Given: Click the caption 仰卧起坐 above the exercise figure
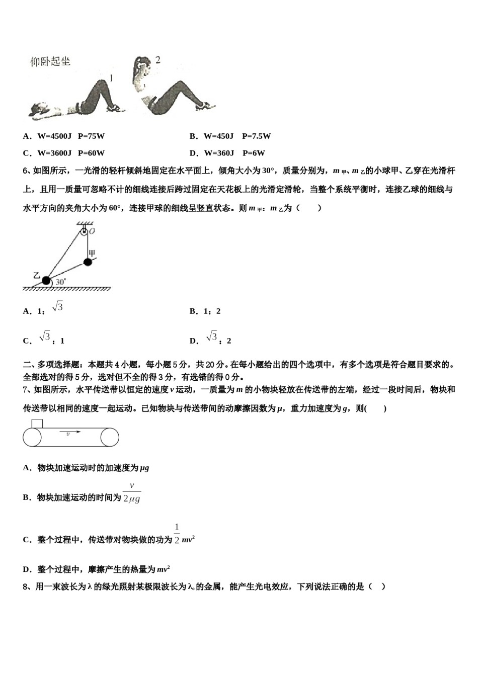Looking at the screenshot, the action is (50, 61).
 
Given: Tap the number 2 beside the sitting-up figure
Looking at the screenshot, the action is (157, 60).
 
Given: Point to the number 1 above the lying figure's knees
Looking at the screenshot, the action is (111, 78).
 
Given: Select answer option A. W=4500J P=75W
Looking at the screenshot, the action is (64, 136).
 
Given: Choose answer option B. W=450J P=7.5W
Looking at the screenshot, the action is (230, 136).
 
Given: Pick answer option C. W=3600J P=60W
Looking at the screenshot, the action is (64, 153).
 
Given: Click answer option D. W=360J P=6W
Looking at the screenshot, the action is (227, 153).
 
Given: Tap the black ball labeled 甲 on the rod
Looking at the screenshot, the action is (88, 262).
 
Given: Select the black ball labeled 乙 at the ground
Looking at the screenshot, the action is (47, 281).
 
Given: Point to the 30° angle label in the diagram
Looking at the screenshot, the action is (61, 282).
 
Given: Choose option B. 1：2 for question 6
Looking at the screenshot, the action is (205, 311).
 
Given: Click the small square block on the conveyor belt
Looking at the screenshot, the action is (37, 424).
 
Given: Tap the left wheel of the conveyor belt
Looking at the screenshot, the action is (32, 437).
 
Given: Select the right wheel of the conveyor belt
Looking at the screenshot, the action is (110, 437).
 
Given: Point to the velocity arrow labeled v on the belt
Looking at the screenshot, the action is (70, 432).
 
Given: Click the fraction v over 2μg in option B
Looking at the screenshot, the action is (132, 493).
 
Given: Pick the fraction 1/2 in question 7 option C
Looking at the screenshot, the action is (177, 534).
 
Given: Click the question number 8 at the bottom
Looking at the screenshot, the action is (26, 586).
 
